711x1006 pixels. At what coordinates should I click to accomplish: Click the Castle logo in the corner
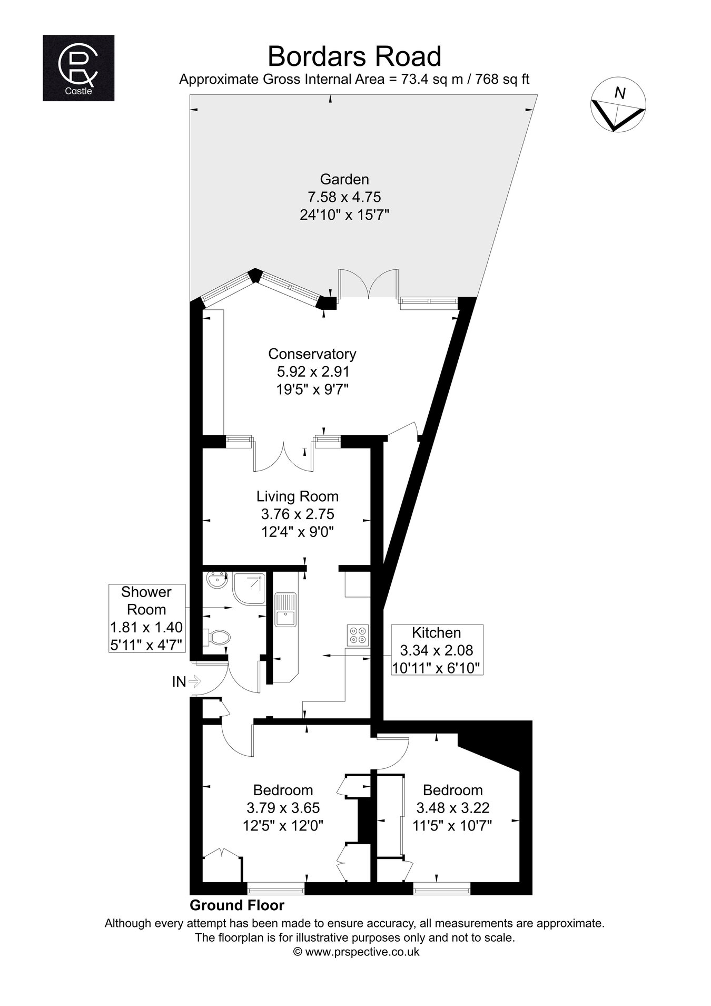[78, 68]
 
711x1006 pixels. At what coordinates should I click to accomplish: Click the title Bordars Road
[354, 56]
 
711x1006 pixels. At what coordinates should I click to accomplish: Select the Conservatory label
[312, 354]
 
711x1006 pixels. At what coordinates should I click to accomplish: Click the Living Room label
[298, 496]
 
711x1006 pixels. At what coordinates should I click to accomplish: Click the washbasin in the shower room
[216, 581]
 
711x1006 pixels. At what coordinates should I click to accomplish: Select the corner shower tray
[249, 589]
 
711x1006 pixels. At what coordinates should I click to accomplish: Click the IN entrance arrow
[194, 682]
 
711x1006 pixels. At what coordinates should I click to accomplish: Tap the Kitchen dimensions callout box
[437, 650]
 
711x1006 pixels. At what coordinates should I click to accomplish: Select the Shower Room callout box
[146, 618]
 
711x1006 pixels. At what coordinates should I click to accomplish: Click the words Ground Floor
[237, 905]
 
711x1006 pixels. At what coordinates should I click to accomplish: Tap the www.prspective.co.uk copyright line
[356, 952]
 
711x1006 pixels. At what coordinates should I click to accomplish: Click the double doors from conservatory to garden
[368, 284]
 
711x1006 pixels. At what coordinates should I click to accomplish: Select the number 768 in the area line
[486, 80]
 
